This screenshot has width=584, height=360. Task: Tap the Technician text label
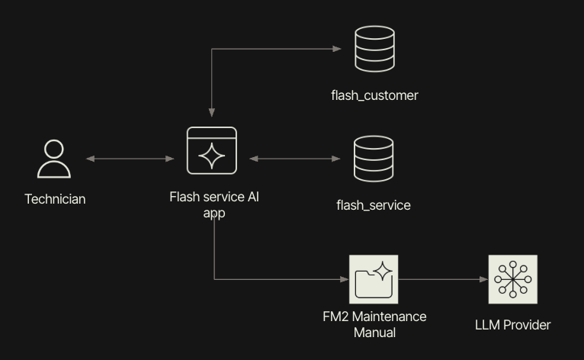click(55, 199)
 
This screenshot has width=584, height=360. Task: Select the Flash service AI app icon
click(212, 150)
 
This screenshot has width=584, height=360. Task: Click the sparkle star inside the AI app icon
click(211, 156)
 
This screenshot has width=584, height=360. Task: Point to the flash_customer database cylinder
click(374, 50)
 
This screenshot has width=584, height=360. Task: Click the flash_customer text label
click(374, 95)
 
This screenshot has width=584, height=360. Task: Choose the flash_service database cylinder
click(374, 159)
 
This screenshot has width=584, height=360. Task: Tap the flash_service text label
click(374, 205)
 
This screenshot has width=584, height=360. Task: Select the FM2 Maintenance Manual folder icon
click(374, 279)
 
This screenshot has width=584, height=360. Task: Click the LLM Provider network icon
click(512, 279)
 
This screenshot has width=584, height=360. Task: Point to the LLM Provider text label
click(512, 325)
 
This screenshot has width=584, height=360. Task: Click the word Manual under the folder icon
click(374, 332)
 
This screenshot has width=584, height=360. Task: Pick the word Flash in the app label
click(185, 197)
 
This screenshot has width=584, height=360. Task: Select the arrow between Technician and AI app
click(130, 159)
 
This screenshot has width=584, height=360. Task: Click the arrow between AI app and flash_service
click(295, 159)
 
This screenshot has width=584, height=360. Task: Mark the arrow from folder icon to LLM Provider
click(443, 279)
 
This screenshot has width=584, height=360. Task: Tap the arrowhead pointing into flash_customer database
click(337, 49)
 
